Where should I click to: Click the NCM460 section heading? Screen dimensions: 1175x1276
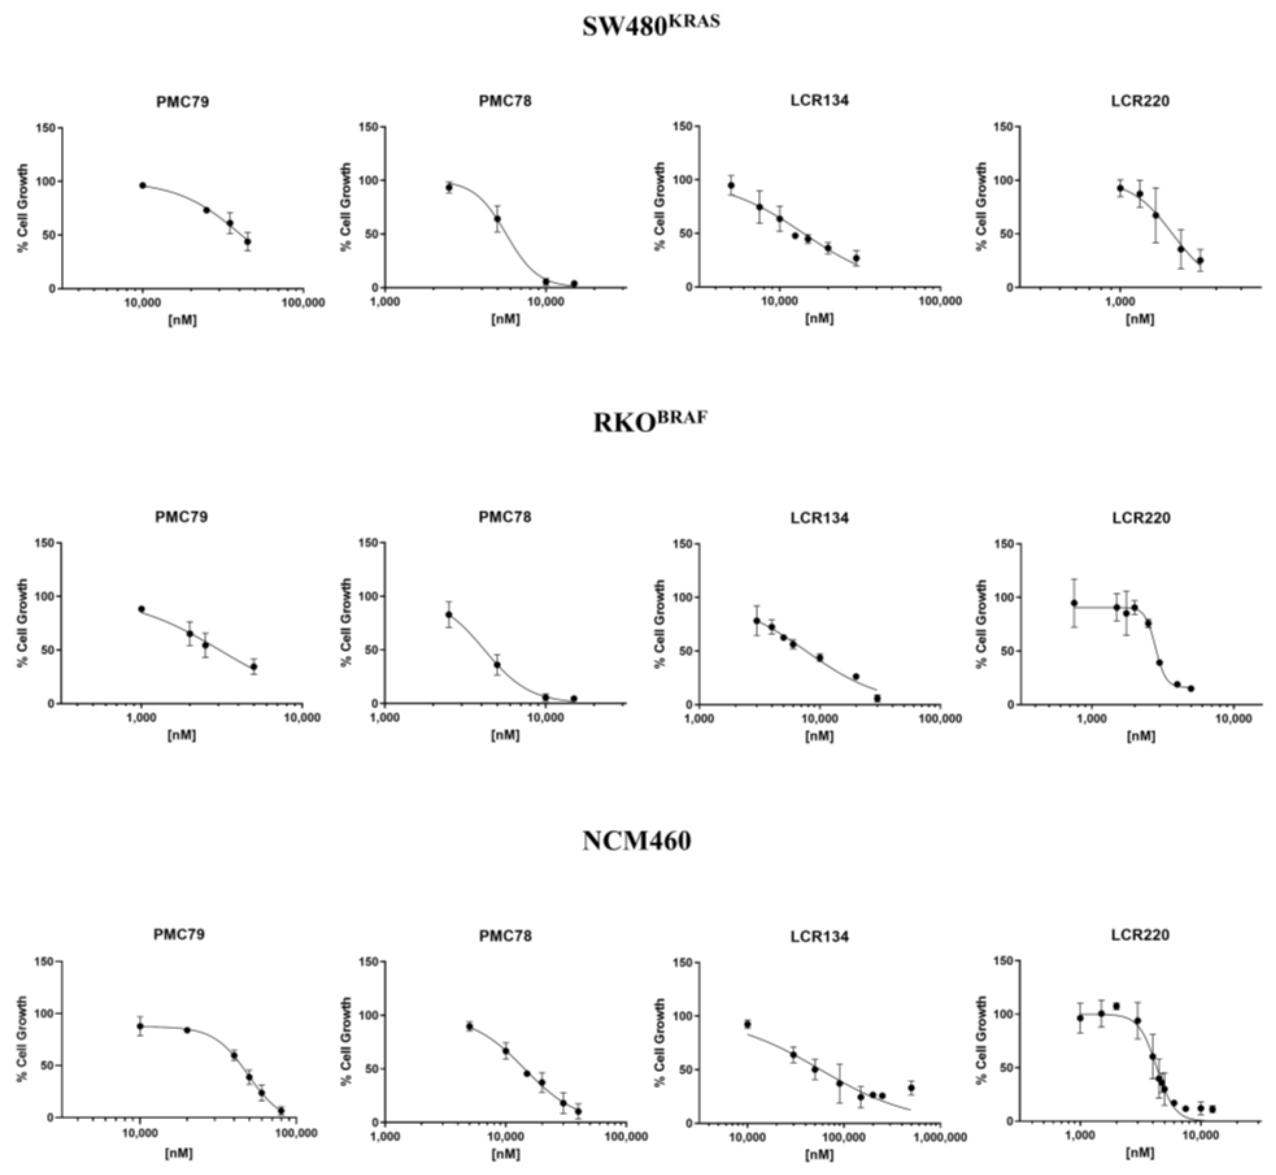click(x=638, y=840)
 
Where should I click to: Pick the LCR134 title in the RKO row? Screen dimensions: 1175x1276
click(x=819, y=518)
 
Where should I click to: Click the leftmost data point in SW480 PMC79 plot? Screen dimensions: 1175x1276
click(x=143, y=186)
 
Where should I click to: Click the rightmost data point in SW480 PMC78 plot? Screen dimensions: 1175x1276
click(x=574, y=283)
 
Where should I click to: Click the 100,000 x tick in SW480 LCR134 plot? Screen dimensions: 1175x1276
click(x=939, y=301)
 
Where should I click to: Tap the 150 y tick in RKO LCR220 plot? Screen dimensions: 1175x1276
click(x=1001, y=544)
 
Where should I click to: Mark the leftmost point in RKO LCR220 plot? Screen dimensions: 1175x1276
click(x=1074, y=603)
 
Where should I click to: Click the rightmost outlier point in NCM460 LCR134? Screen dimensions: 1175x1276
click(x=911, y=1088)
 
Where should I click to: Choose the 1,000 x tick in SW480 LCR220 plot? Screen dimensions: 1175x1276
click(x=1120, y=301)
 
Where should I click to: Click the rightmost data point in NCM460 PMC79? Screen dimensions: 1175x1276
click(x=281, y=1111)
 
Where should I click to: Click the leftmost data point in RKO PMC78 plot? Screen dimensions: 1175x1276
click(x=449, y=615)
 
